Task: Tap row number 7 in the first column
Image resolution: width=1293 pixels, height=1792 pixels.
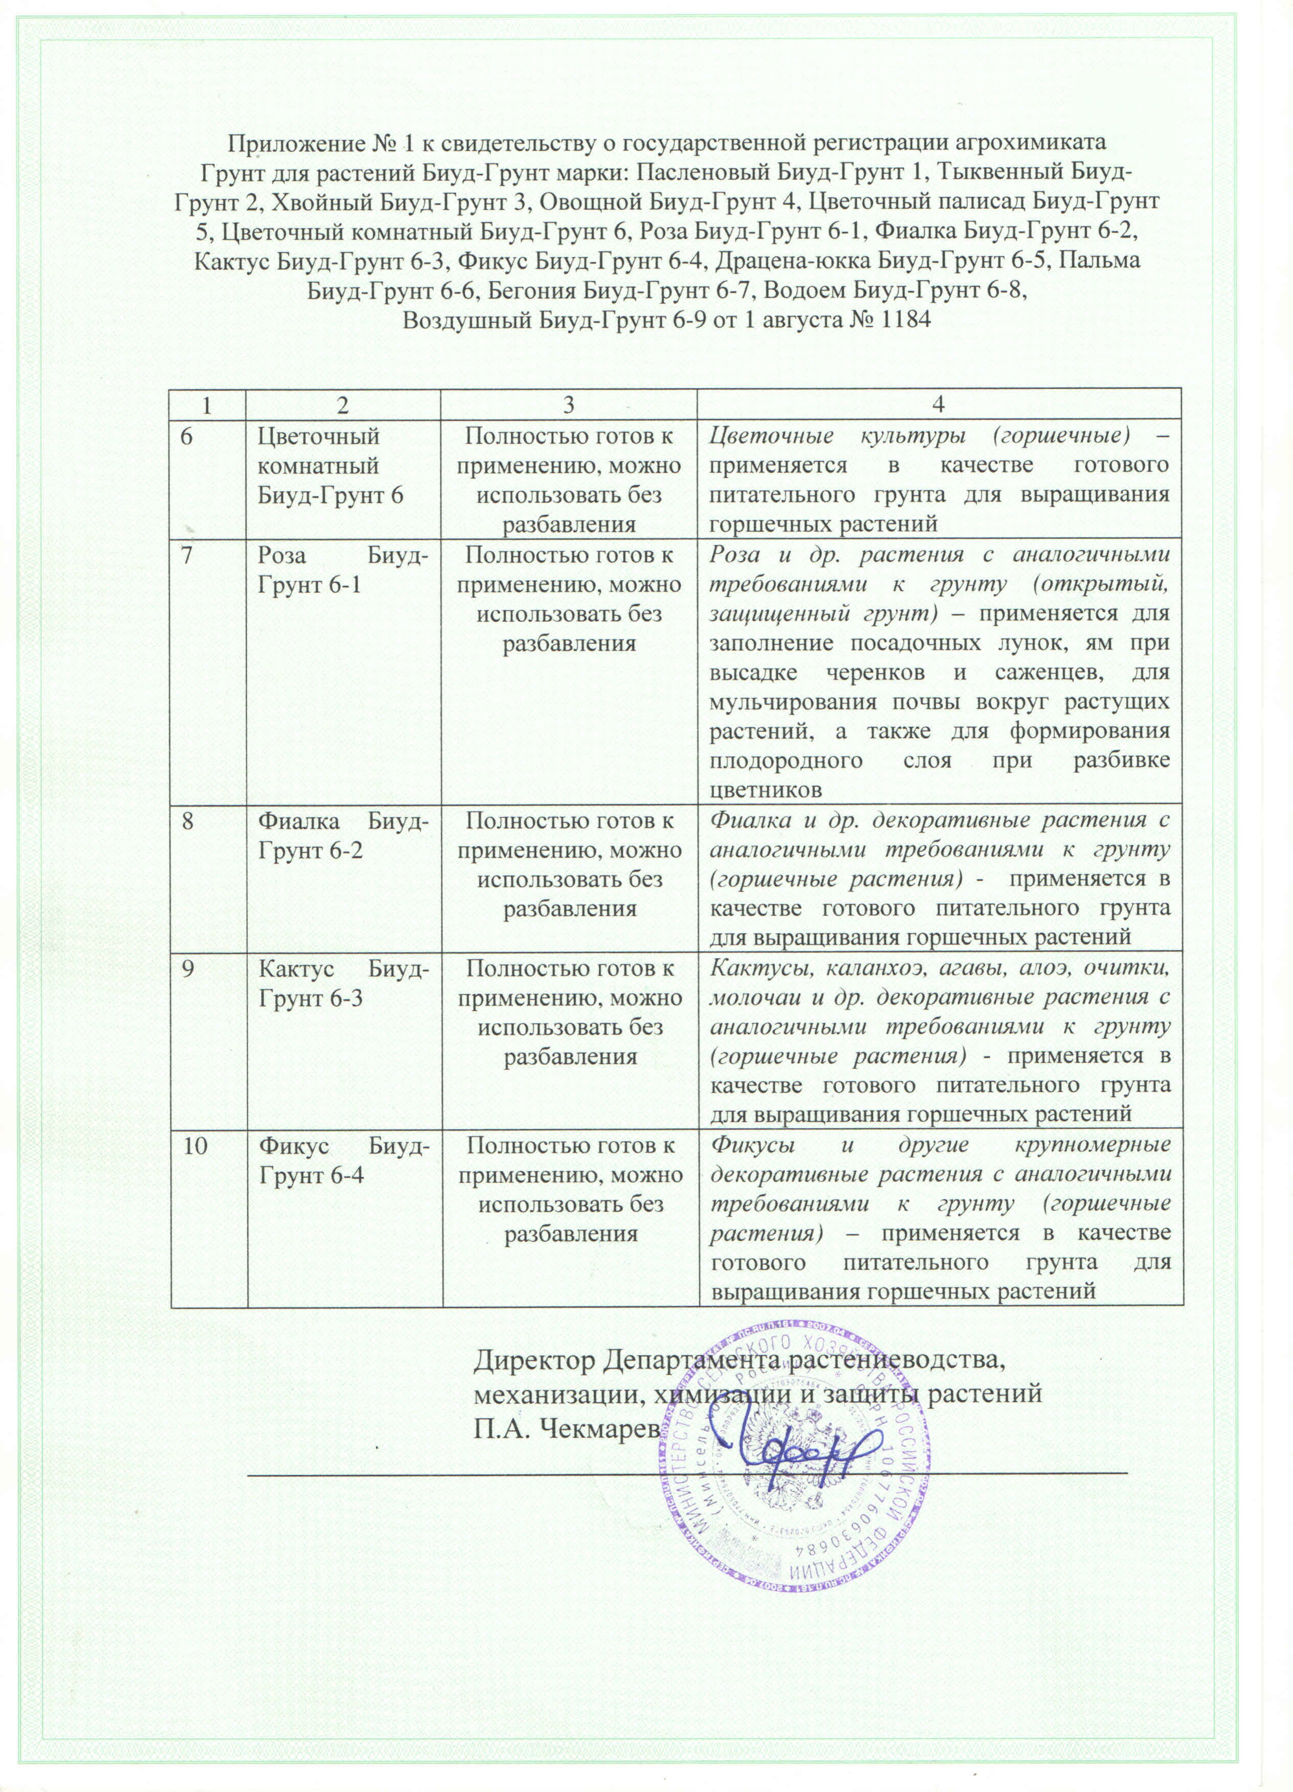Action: (186, 555)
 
